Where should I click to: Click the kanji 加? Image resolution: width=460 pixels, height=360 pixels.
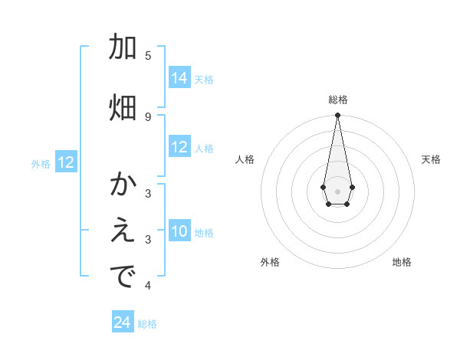[x=123, y=47]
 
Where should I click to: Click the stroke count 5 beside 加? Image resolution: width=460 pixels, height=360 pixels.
[x=148, y=55]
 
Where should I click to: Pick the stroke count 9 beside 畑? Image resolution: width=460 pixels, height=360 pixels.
[x=148, y=116]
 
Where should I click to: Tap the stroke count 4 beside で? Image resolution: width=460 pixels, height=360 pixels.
[x=148, y=286]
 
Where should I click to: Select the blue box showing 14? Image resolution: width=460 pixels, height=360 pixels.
[x=179, y=78]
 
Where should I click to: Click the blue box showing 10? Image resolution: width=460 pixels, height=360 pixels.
[x=179, y=231]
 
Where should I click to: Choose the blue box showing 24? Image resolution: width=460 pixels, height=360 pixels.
[x=123, y=322]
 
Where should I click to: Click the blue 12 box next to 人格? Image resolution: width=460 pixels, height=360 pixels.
[x=179, y=147]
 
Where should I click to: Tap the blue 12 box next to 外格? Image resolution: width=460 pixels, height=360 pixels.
[x=66, y=162]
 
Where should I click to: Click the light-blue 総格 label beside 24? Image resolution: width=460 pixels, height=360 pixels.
[x=147, y=324]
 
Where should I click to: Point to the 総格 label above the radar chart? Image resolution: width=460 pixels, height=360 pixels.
[x=337, y=100]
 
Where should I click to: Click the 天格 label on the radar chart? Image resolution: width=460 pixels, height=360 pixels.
[x=431, y=159]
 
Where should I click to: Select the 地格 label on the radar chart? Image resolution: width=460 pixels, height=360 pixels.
[x=402, y=262]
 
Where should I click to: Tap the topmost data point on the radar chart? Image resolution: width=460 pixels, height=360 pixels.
[x=337, y=116]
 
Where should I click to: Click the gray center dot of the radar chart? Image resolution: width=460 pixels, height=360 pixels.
[x=337, y=190]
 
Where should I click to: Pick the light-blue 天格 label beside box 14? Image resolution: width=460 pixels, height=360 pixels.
[x=204, y=80]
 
